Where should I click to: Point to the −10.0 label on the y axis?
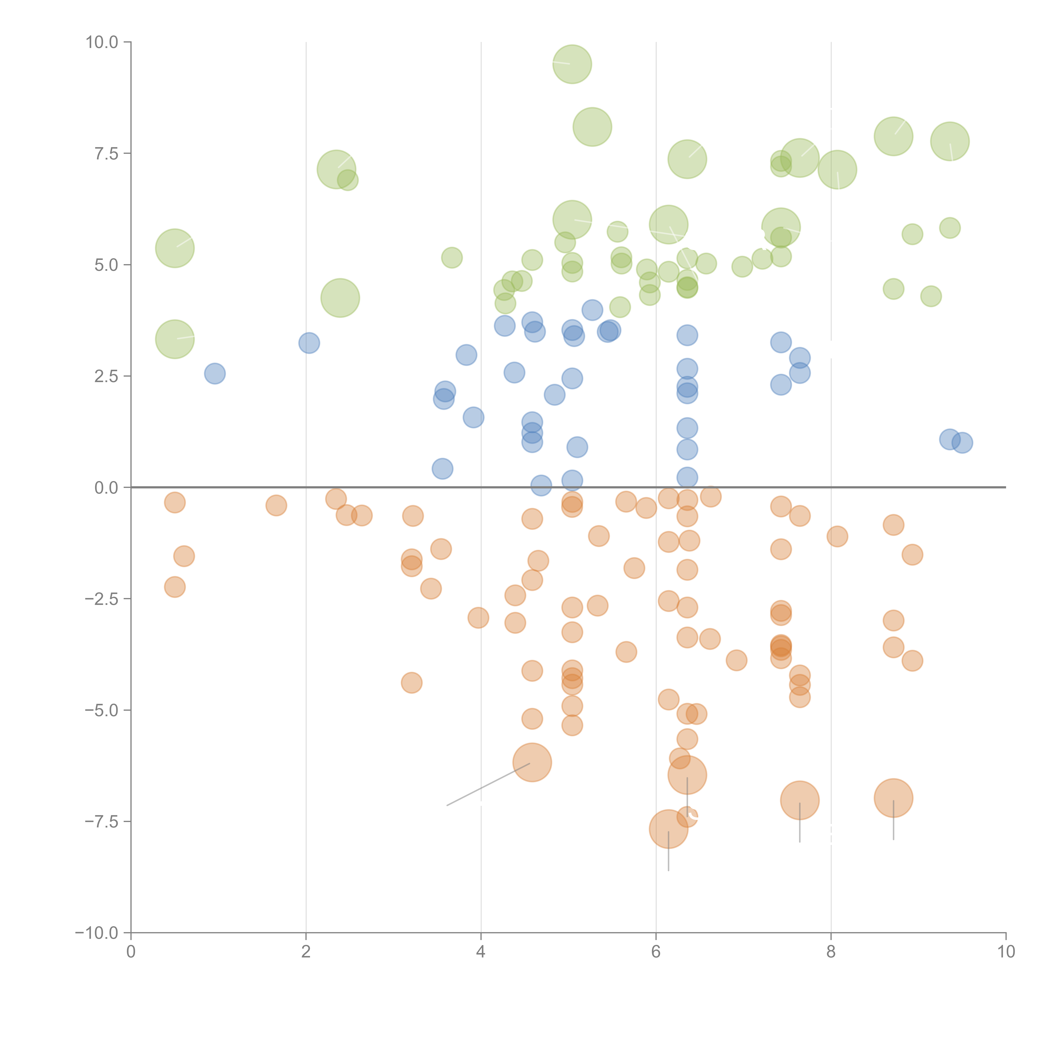(x=97, y=933)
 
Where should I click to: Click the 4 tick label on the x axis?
(x=481, y=952)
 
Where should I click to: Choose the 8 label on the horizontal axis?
(x=831, y=952)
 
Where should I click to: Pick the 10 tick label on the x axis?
(x=1006, y=952)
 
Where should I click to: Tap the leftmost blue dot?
(x=215, y=374)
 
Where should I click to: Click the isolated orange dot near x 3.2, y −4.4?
(x=412, y=682)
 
